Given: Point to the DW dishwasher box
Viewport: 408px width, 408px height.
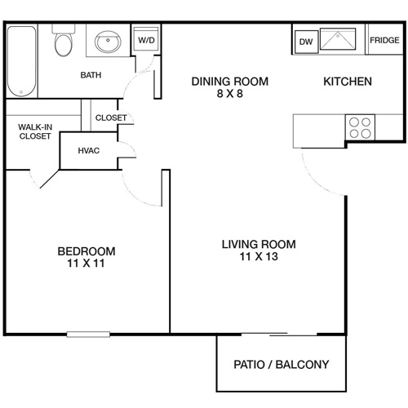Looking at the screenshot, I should click(306, 41).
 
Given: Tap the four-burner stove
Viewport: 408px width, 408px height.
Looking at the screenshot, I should click(360, 127).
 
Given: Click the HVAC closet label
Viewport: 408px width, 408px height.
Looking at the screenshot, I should click(89, 151).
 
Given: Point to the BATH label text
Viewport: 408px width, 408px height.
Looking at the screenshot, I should click(91, 76).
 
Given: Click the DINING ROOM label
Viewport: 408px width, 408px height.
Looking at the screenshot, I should click(229, 82).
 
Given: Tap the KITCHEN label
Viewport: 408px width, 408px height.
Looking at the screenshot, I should click(348, 82).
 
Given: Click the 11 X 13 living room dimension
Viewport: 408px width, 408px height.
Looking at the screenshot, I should click(259, 257).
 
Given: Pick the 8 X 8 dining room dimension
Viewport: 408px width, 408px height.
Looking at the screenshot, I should click(229, 94).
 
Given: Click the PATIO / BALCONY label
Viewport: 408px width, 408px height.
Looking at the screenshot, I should click(282, 365).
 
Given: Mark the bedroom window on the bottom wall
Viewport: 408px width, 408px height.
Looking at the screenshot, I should click(88, 333).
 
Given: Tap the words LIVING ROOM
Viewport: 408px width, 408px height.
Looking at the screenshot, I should click(259, 244).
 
